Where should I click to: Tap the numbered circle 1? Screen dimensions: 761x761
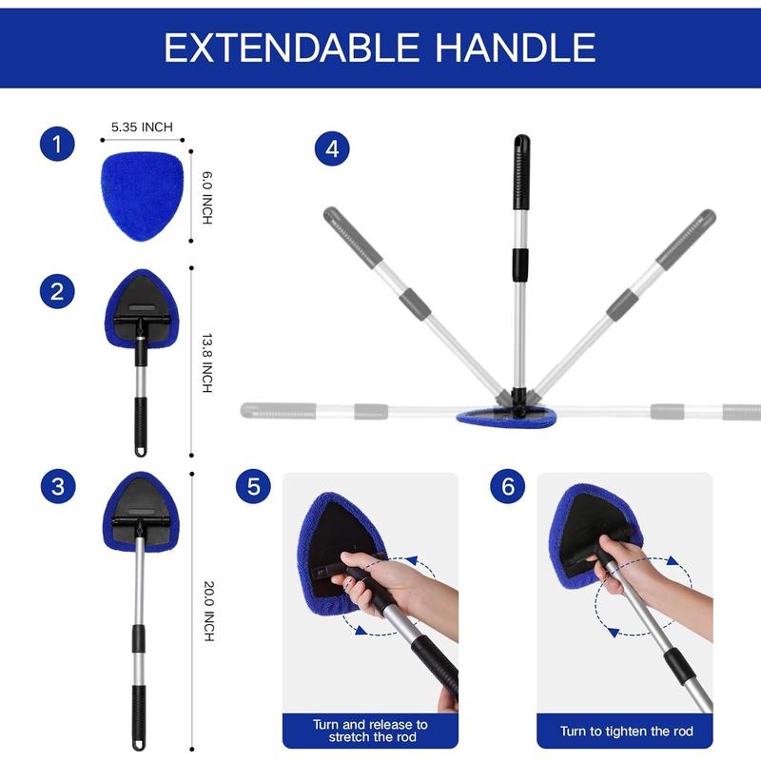click(58, 146)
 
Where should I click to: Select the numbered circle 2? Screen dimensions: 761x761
click(58, 290)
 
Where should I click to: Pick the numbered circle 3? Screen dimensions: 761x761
click(58, 487)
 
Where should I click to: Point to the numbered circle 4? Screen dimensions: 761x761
click(332, 148)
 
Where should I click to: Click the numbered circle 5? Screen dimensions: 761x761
click(253, 487)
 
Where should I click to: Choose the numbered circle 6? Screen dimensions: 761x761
click(508, 487)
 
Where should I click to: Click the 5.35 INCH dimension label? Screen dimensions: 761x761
click(142, 126)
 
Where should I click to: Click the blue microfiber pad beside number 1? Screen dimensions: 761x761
click(142, 195)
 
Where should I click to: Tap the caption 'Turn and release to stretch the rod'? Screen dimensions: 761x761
click(370, 731)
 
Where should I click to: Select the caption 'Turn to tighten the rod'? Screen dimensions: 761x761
click(625, 732)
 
